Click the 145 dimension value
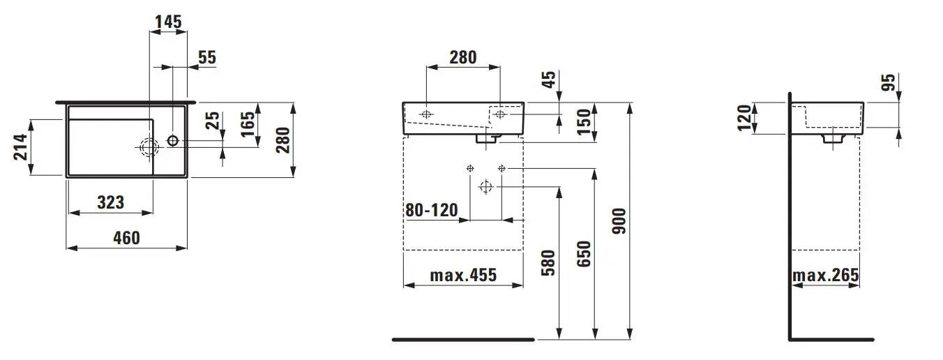pos(168,22)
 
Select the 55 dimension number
pos(207,57)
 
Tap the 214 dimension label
pos(21,147)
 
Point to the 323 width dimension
pos(111,202)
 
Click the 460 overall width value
pos(126,238)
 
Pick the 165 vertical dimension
pos(248,123)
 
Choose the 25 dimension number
pos(213,121)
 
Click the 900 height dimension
pos(619,221)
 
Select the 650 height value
pos(584,253)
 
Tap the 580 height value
pos(548,263)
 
